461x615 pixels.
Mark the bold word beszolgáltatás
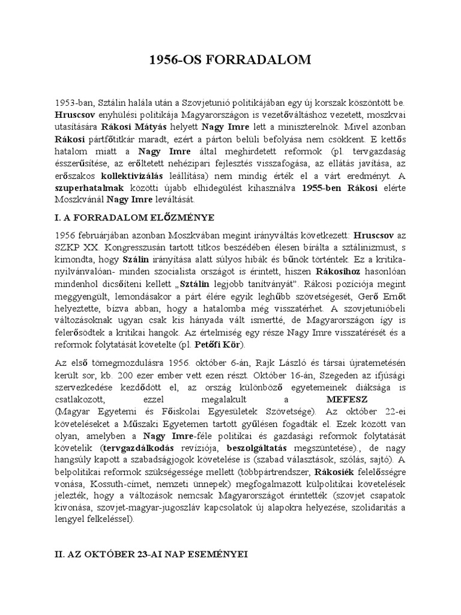point(257,449)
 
